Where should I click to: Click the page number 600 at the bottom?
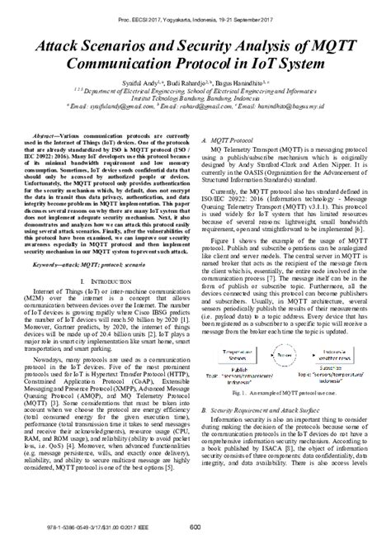pos(196,528)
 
